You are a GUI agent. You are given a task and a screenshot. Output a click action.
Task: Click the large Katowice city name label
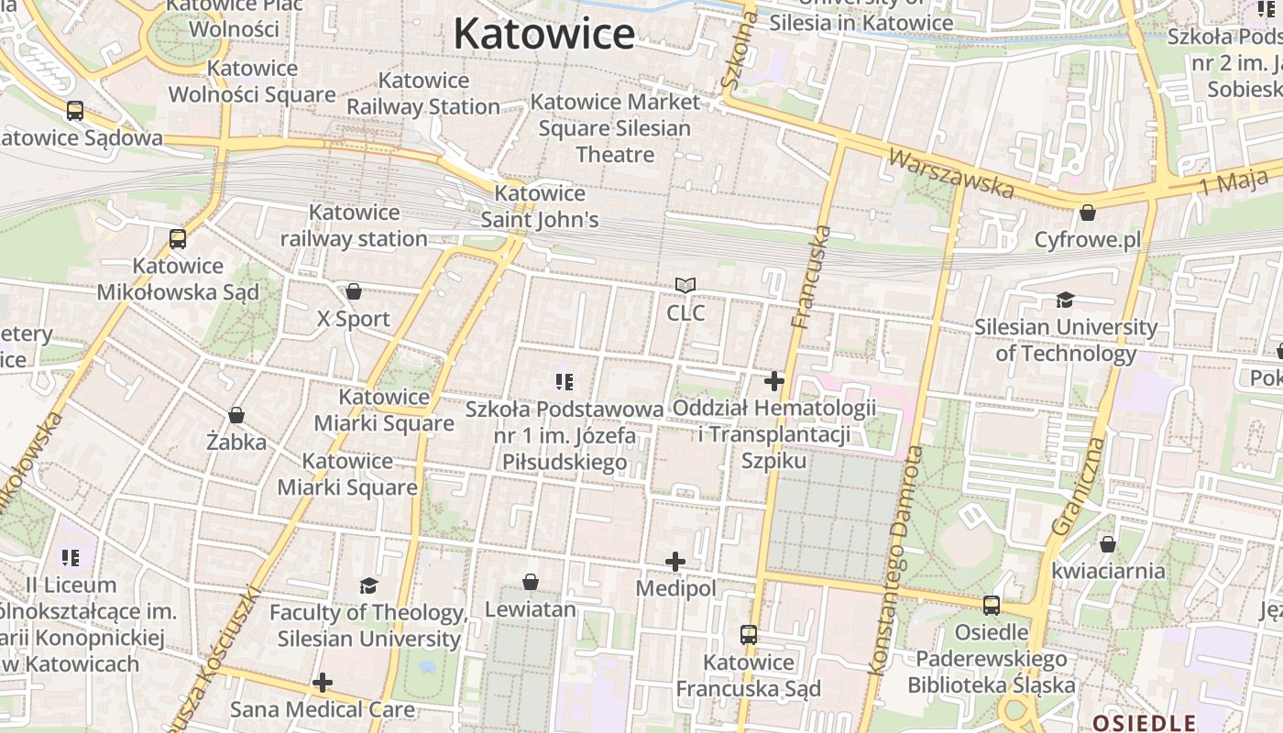click(543, 35)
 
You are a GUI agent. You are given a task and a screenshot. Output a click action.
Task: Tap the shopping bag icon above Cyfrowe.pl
click(1087, 213)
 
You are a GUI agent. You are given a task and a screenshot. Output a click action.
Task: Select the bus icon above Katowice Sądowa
click(75, 111)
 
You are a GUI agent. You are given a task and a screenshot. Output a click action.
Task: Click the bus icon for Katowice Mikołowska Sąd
click(178, 239)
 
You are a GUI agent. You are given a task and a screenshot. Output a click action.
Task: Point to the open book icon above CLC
click(685, 286)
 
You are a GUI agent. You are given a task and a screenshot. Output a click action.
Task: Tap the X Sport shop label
click(353, 319)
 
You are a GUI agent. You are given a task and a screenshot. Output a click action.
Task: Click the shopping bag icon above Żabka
click(236, 415)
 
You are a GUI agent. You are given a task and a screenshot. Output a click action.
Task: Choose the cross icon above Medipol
click(675, 561)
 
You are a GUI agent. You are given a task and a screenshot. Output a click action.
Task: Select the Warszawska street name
click(951, 174)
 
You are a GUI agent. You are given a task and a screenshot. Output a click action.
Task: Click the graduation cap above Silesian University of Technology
click(1065, 300)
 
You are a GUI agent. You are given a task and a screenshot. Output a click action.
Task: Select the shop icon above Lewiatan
click(530, 582)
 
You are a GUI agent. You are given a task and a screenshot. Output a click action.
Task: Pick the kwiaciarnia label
click(1108, 571)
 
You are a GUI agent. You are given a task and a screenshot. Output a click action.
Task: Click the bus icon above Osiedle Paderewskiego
click(991, 605)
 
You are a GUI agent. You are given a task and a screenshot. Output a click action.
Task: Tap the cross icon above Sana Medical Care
click(322, 683)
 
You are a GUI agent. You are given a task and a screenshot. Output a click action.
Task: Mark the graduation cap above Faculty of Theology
click(368, 585)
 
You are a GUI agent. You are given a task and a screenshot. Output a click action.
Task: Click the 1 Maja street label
click(1234, 182)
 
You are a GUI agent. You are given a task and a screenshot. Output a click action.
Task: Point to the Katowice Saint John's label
click(540, 206)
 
